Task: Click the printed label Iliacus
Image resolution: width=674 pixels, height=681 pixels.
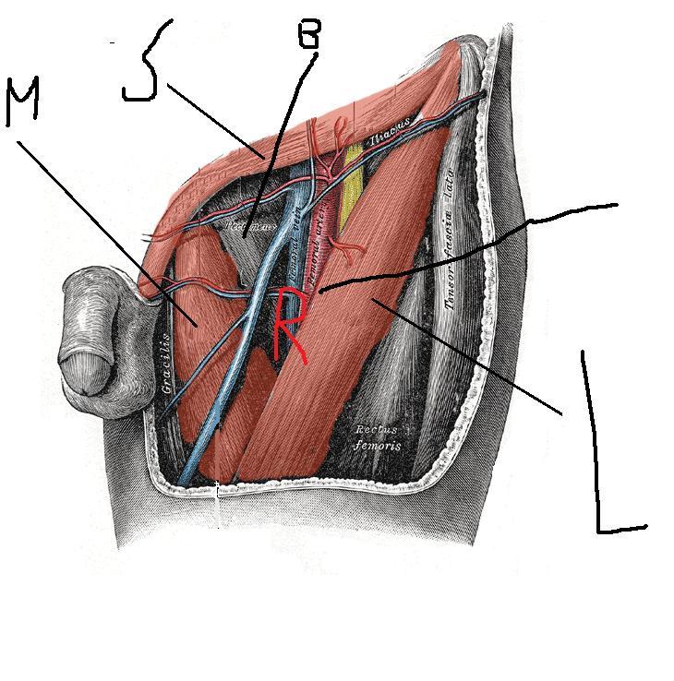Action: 389,138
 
